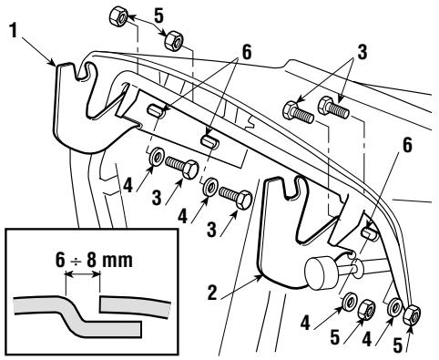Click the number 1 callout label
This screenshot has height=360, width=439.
(13, 31)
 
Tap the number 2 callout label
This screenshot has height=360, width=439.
(212, 293)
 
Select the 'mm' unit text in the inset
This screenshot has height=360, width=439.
(117, 262)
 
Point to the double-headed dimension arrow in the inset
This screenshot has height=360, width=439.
(83, 274)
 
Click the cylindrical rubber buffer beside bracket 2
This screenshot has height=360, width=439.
(320, 273)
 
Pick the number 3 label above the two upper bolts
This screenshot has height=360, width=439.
(362, 52)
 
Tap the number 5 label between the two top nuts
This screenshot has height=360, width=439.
(159, 15)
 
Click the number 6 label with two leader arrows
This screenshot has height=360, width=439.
(247, 52)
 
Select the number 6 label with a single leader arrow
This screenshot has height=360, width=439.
(407, 145)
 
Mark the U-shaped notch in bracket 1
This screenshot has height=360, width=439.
(81, 72)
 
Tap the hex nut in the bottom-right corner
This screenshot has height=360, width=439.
(412, 314)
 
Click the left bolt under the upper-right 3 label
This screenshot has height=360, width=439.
(298, 113)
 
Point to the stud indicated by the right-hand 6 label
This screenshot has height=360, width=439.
(370, 233)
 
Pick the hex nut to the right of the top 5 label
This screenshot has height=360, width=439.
(174, 40)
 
